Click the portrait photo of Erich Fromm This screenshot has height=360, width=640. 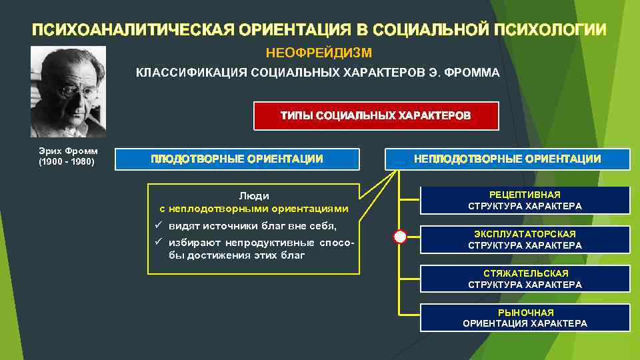pos(68,91)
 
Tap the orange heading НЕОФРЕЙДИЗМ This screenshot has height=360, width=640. pos(319,52)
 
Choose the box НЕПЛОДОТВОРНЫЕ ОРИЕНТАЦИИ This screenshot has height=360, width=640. pos(507,159)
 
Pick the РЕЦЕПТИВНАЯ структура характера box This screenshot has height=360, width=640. pos(525,200)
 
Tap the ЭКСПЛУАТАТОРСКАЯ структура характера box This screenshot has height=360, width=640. pos(525,239)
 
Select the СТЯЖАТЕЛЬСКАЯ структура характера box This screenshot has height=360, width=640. pos(525,279)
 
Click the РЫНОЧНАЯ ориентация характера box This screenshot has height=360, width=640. pos(525,318)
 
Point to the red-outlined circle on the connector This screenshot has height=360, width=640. pos(399,237)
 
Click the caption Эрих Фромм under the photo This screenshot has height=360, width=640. pos(68,151)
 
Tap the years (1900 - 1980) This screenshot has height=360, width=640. pos(67,161)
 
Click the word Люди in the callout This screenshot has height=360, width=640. pos(254,196)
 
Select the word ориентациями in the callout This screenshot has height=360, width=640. pos(309,208)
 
